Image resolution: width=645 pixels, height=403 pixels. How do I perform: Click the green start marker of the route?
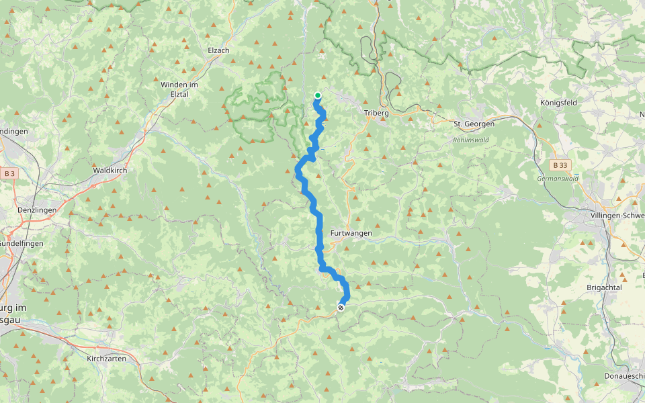(317, 95)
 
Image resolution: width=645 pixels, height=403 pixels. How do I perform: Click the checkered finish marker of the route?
(341, 308)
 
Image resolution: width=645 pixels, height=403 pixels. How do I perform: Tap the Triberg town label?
(376, 114)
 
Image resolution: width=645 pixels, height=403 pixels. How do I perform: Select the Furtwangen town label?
(351, 233)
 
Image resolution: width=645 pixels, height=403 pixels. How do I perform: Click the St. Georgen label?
(474, 124)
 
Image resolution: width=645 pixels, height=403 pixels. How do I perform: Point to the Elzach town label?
(218, 50)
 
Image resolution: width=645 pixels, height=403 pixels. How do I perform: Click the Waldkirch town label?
(110, 171)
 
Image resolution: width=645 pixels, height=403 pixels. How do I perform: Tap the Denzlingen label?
(19, 210)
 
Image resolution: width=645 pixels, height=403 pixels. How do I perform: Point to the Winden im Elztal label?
(179, 89)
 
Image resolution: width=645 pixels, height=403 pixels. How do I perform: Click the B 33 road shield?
(559, 165)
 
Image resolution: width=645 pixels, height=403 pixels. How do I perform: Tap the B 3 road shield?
(9, 174)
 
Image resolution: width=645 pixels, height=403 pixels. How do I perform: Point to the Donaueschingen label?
(624, 376)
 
